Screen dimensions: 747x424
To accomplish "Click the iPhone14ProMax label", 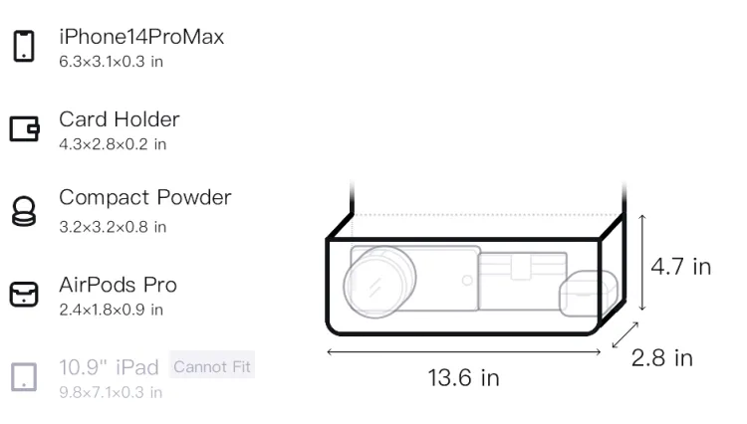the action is click(x=141, y=37).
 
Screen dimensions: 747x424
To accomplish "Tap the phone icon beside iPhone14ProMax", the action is click(x=24, y=46).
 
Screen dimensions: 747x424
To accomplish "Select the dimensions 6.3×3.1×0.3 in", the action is click(x=111, y=62).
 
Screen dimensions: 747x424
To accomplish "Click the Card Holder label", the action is click(x=120, y=119).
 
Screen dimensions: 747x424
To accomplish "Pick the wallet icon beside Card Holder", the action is click(x=24, y=128).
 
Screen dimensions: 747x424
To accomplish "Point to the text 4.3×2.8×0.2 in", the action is click(x=113, y=143).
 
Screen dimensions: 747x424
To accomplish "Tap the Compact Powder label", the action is click(x=145, y=197).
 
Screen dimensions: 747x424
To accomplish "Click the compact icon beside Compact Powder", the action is click(x=24, y=211).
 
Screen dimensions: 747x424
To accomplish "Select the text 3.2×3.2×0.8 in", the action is click(x=113, y=227).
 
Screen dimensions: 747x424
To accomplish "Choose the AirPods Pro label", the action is click(x=119, y=285).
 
